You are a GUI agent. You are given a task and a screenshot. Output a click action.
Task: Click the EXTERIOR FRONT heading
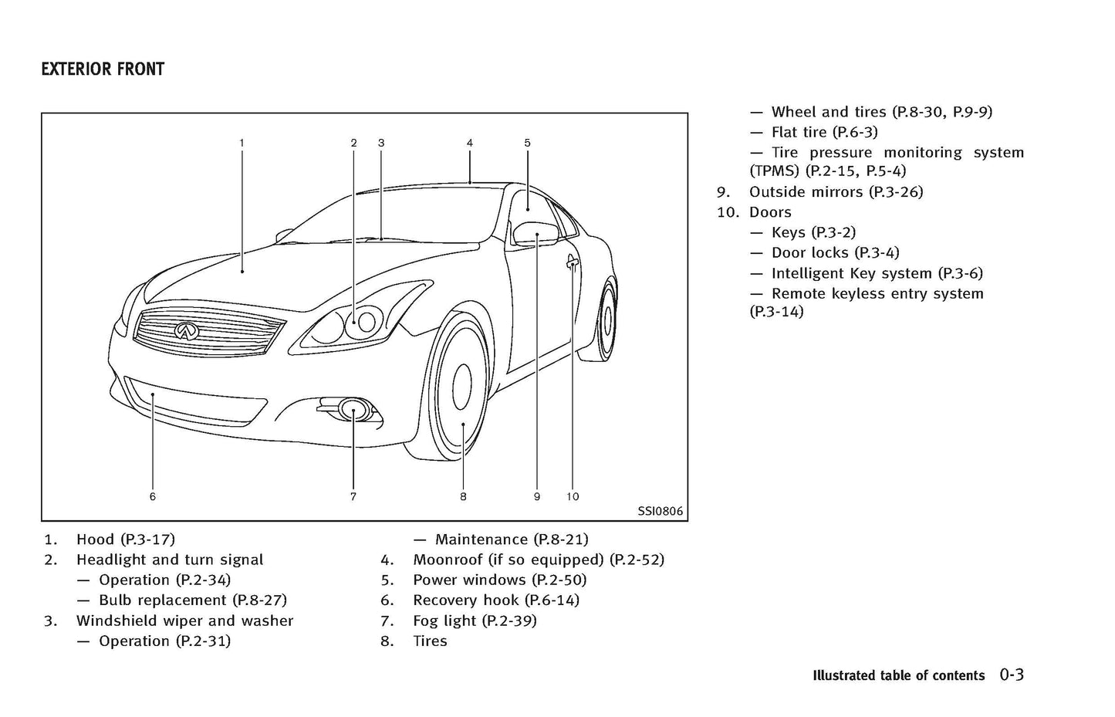coord(103,69)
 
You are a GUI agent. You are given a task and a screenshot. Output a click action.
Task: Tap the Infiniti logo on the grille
coord(184,330)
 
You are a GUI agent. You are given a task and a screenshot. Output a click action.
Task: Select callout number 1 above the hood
coord(242,143)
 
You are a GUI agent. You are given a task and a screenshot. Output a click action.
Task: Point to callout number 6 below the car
coord(153,496)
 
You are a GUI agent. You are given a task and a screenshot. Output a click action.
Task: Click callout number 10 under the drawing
coord(573,496)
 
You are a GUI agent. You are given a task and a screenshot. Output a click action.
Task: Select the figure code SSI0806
coord(660,511)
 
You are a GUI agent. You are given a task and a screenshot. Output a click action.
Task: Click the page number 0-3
coord(1012,675)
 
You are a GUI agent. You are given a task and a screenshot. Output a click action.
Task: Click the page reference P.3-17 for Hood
coord(147,539)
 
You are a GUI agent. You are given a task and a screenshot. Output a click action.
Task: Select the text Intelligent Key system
coord(852,273)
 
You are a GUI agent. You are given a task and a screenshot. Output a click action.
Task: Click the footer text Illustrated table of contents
coord(898,676)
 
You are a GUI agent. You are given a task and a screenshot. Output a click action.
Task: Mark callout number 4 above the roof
coord(469,143)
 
